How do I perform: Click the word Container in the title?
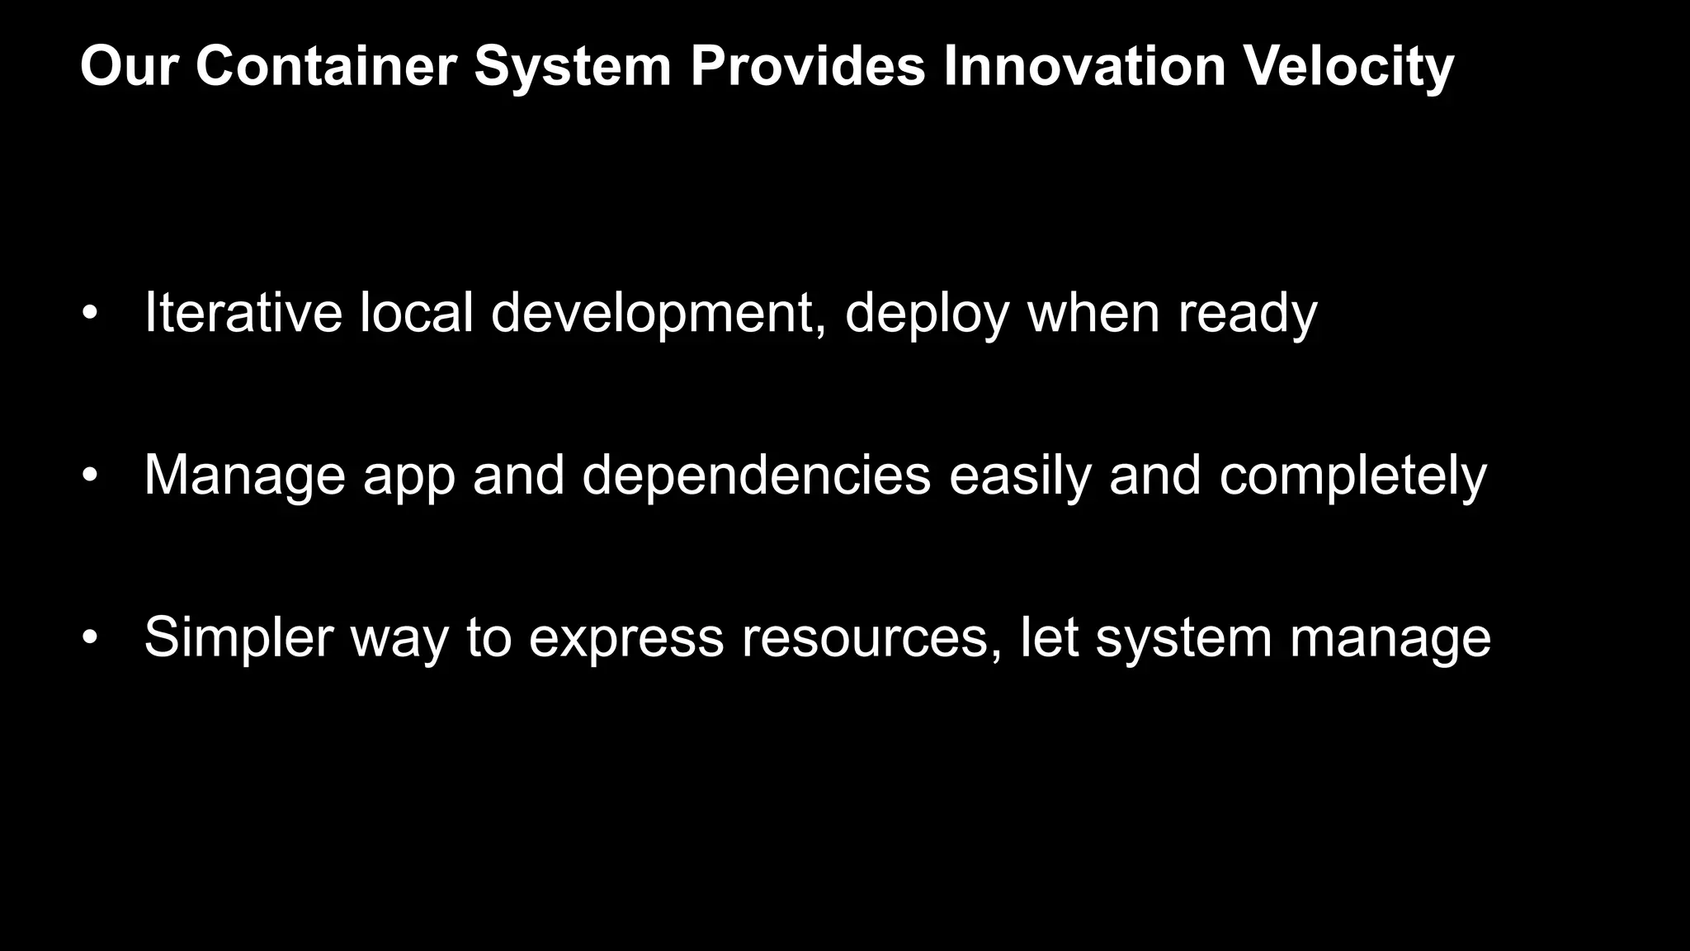pyautogui.click(x=326, y=66)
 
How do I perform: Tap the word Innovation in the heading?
pyautogui.click(x=1084, y=66)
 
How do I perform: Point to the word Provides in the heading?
pyautogui.click(x=808, y=66)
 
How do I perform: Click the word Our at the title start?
pyautogui.click(x=129, y=66)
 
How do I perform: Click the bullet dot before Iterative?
pyautogui.click(x=90, y=313)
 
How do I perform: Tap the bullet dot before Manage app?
pyautogui.click(x=90, y=475)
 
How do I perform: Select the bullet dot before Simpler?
pyautogui.click(x=90, y=638)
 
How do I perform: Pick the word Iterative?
pyautogui.click(x=243, y=313)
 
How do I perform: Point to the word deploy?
pyautogui.click(x=927, y=315)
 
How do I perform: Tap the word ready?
pyautogui.click(x=1247, y=315)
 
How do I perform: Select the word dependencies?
pyautogui.click(x=756, y=476)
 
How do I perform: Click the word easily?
pyautogui.click(x=1020, y=476)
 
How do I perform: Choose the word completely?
pyautogui.click(x=1352, y=476)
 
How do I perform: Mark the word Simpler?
pyautogui.click(x=238, y=638)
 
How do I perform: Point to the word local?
pyautogui.click(x=416, y=313)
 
